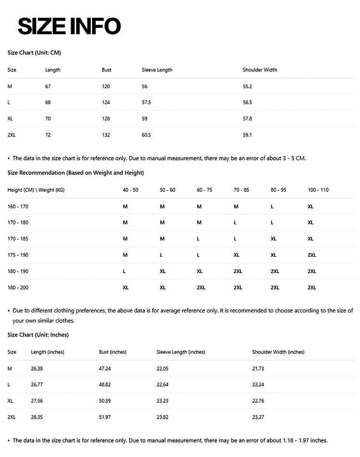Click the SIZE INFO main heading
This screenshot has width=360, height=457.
coord(69,26)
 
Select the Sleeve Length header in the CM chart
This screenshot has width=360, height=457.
coord(157,70)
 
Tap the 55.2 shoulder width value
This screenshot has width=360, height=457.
coord(248,86)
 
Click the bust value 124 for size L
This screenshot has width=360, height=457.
coord(106,103)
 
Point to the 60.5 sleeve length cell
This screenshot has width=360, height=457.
coord(146,135)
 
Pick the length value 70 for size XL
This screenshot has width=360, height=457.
coord(48,119)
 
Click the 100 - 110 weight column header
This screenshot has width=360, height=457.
coord(318,190)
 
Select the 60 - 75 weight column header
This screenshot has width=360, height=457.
coord(204,190)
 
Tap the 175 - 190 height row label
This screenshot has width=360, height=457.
coord(18,255)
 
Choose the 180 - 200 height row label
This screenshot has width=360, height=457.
coord(18,288)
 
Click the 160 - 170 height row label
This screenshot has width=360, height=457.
coord(18,206)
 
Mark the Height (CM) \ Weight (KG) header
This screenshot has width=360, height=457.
coord(36,190)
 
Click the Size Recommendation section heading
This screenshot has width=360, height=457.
coord(76,173)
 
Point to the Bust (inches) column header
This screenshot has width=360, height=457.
coord(113,352)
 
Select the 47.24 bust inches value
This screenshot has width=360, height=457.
coord(105,369)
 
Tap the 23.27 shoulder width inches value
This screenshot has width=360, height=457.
coord(258,418)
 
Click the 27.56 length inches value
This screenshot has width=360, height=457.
coord(37,401)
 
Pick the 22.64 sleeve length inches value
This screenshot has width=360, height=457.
coord(163,385)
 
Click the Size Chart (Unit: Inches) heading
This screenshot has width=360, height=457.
coord(38,335)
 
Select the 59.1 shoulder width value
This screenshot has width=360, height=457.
coord(248,135)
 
